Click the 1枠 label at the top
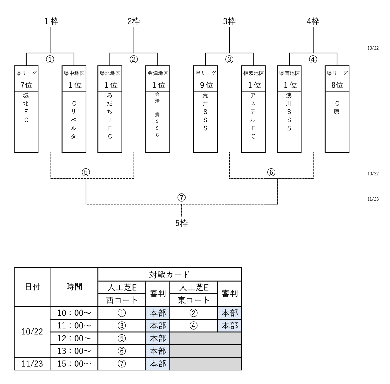[x=51, y=21]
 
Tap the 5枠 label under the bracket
[x=181, y=223]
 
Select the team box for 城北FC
[x=26, y=121]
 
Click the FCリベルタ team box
[x=74, y=121]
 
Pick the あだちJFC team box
[x=110, y=121]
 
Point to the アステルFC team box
[x=253, y=121]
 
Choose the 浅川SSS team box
[x=289, y=121]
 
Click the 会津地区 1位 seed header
[x=158, y=79]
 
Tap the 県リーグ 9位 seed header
[x=206, y=79]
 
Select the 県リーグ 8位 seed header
[x=337, y=79]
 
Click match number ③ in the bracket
[x=229, y=59]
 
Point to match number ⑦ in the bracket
[x=181, y=198]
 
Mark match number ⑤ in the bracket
[x=86, y=172]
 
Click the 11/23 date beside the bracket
[x=373, y=199]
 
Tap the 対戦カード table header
[x=170, y=275]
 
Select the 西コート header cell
[x=122, y=300]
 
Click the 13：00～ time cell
[x=74, y=351]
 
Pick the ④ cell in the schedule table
[x=193, y=325]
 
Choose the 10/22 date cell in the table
[x=32, y=332]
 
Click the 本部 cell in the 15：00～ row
[x=158, y=364]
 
